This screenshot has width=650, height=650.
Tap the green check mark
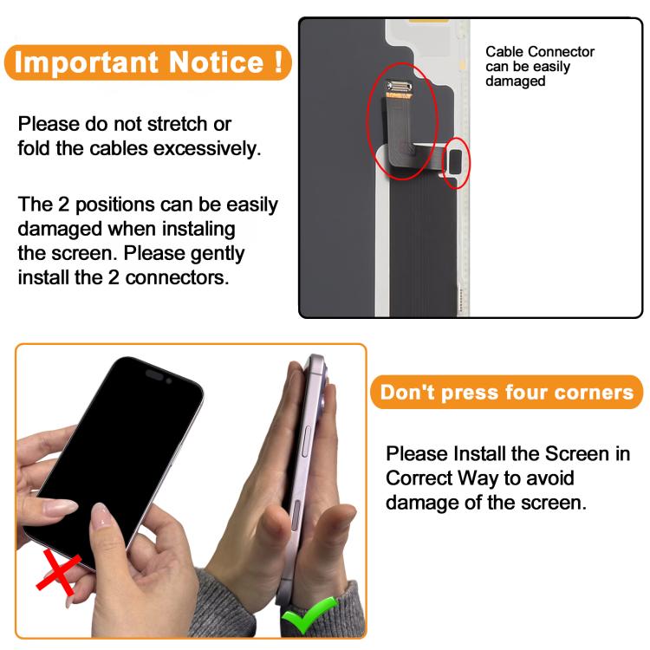[309, 614]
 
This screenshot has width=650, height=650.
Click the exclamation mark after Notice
[278, 62]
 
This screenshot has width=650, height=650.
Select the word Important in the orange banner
[87, 62]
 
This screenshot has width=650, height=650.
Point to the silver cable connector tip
[400, 86]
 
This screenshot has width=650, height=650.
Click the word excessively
[207, 148]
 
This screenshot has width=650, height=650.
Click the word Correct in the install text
[419, 478]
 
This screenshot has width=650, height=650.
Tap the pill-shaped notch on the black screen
[154, 374]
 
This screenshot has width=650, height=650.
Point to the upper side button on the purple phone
[307, 441]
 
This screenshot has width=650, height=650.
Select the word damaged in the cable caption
[516, 81]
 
